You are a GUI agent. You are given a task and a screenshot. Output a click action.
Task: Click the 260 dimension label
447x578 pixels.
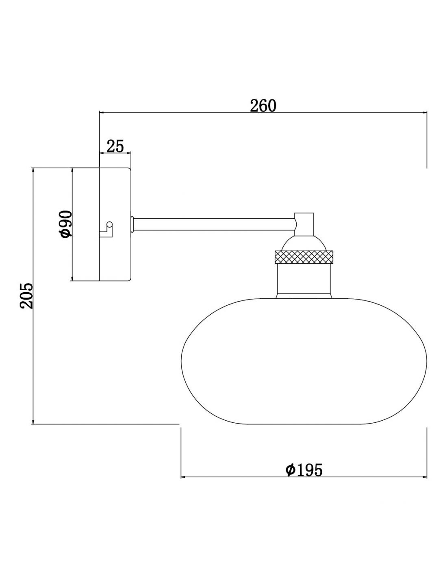(x=263, y=106)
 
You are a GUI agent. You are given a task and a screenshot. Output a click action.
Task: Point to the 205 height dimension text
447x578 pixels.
(x=26, y=296)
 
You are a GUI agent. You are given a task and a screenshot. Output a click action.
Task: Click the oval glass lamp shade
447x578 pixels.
(x=304, y=361)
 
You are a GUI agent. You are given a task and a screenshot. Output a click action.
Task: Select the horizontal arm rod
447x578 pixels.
(x=214, y=224)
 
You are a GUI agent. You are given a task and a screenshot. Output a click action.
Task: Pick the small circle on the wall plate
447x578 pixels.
(x=109, y=224)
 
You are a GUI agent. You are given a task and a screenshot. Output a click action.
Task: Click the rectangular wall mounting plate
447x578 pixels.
(x=115, y=224)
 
